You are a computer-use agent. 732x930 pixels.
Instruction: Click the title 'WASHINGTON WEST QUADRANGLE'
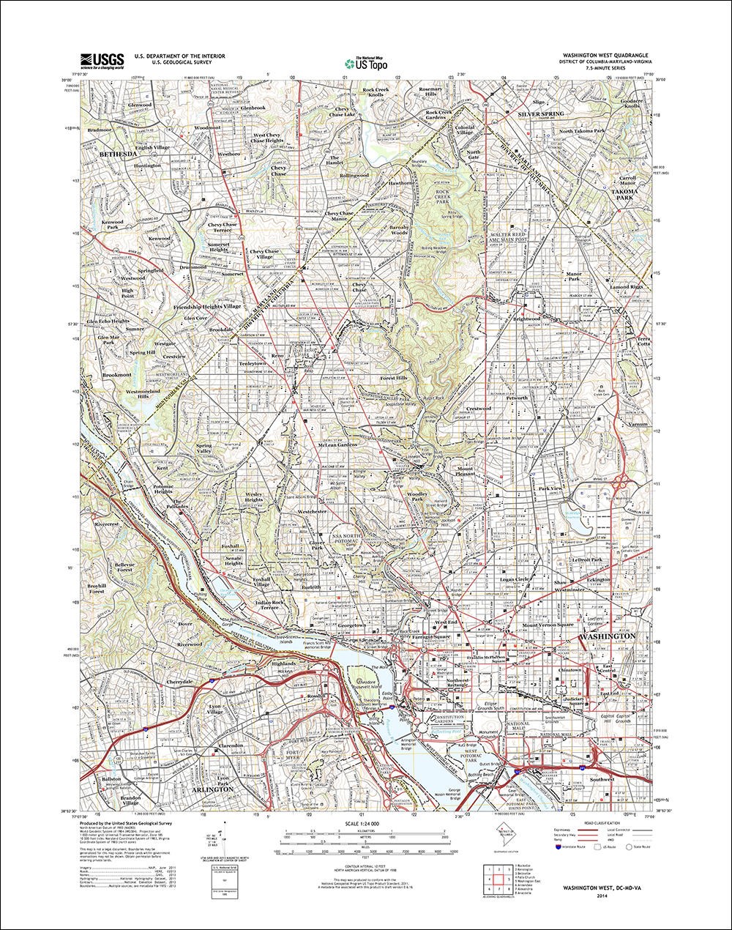pyautogui.click(x=605, y=56)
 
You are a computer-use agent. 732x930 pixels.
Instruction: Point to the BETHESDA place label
pyautogui.click(x=117, y=156)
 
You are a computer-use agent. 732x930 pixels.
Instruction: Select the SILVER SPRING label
pyautogui.click(x=541, y=116)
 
